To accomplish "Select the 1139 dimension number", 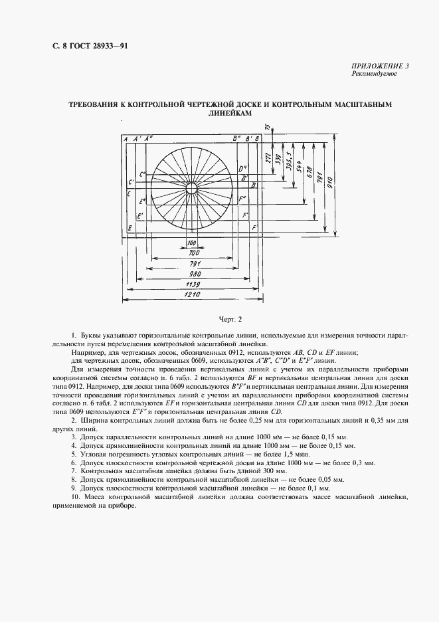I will pyautogui.click(x=192, y=284).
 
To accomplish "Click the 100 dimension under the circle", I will pyautogui.click(x=192, y=243).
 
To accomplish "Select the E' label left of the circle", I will pyautogui.click(x=139, y=216).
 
